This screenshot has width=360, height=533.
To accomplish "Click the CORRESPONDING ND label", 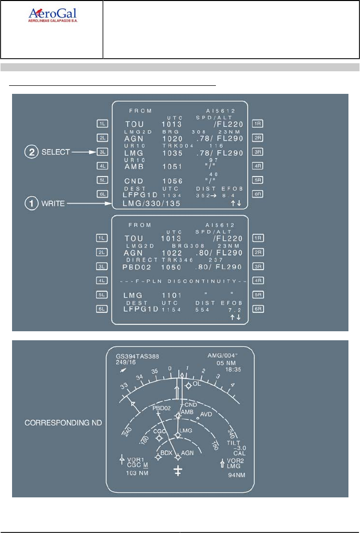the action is (63, 423).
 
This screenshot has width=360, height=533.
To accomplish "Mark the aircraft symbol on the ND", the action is (178, 470).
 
